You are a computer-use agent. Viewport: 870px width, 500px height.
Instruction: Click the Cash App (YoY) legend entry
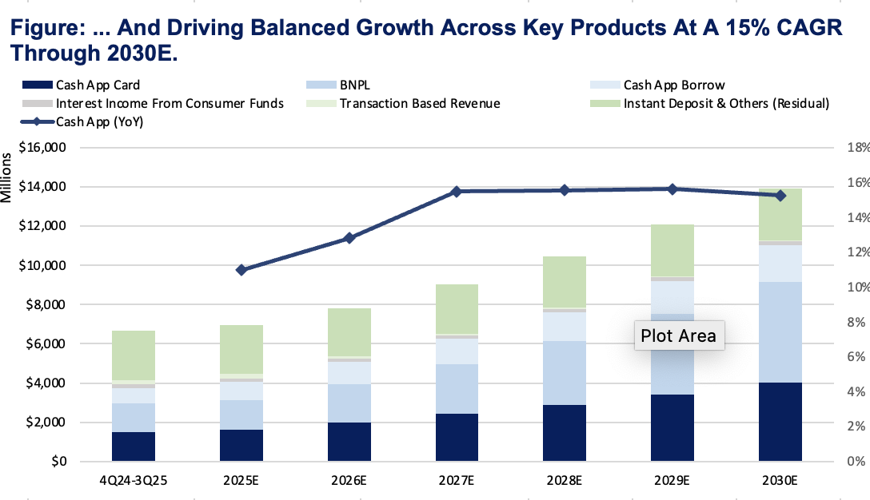[95, 121]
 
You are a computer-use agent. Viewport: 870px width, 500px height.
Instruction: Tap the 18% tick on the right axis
[856, 148]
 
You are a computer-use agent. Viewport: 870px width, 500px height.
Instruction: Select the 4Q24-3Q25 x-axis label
[134, 482]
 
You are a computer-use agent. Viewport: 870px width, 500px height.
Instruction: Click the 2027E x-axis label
[457, 482]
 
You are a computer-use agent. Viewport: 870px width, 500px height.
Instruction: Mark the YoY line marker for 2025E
[241, 270]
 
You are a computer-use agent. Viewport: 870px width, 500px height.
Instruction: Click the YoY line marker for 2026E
[349, 238]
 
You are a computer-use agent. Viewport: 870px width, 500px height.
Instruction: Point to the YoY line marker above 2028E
[565, 190]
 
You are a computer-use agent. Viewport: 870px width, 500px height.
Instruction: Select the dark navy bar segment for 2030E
[780, 422]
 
